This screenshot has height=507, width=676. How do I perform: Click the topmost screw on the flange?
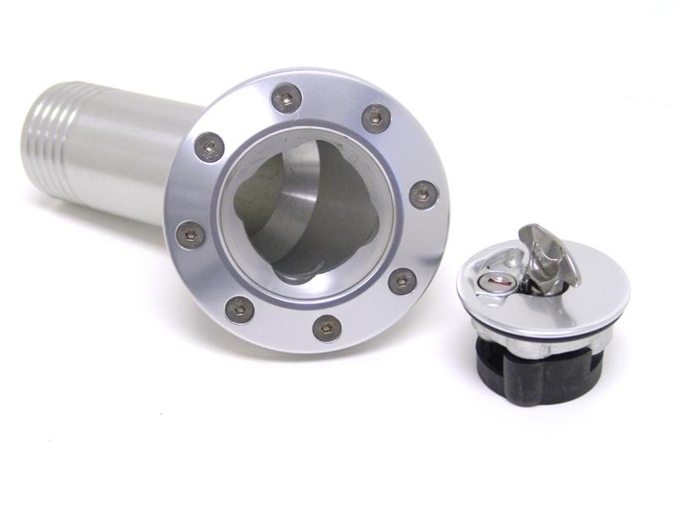[x=287, y=99]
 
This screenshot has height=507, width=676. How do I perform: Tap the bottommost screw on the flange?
[x=326, y=327]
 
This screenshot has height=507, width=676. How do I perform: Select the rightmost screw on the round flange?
[x=423, y=194]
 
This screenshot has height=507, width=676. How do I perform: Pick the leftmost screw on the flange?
[x=190, y=234]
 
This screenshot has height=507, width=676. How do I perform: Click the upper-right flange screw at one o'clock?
[x=376, y=117]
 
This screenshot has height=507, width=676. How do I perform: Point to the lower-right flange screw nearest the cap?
[x=402, y=281]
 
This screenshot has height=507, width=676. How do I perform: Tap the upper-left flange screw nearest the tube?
[x=209, y=148]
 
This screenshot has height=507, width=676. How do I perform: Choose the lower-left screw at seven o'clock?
[x=239, y=309]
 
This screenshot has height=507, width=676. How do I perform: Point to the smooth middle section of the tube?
[x=127, y=161]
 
